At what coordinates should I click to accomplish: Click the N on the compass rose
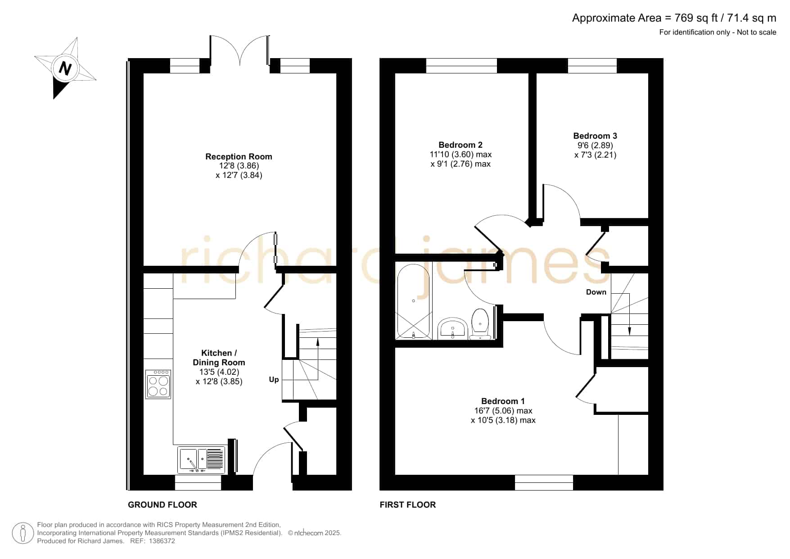[x=66, y=68]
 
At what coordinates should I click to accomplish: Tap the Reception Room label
[x=239, y=156]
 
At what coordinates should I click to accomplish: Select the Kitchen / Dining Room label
[x=219, y=358]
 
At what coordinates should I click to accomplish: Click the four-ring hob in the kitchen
[x=158, y=384]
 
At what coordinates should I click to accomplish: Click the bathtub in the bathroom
[x=413, y=301]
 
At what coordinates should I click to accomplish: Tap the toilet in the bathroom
[x=480, y=323]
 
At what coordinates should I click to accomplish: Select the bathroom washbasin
[x=453, y=328]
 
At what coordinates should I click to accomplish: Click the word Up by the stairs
[x=274, y=380]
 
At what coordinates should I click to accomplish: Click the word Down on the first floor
[x=596, y=292]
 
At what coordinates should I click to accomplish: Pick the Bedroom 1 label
[x=503, y=401]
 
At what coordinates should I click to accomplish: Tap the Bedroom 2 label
[x=460, y=145]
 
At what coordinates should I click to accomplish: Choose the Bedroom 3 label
[x=595, y=136]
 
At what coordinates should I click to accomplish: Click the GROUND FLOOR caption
[x=163, y=504]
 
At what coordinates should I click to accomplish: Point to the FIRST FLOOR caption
[x=408, y=504]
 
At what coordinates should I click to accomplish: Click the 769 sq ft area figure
[x=692, y=18]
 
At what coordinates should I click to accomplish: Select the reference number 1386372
[x=158, y=541]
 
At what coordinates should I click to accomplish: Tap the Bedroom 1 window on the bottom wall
[x=544, y=482]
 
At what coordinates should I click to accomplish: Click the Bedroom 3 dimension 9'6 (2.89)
[x=595, y=145]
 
